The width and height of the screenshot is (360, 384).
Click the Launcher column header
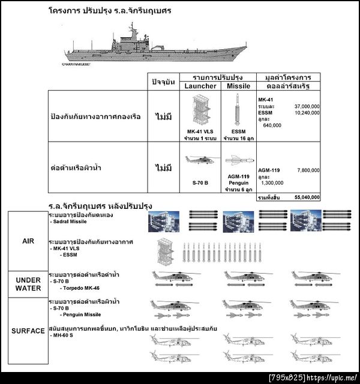click(x=200, y=86)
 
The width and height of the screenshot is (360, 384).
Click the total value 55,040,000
click(x=307, y=197)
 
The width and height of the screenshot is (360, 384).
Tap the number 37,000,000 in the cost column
click(x=307, y=106)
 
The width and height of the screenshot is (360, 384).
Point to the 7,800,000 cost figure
click(x=308, y=170)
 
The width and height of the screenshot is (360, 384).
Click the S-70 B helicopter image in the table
click(x=200, y=160)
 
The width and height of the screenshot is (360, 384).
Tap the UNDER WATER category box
click(x=27, y=284)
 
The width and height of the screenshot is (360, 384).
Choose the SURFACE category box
click(x=27, y=331)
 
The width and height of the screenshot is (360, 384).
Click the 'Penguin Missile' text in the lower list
click(x=83, y=314)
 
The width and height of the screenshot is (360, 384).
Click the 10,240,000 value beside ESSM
click(x=307, y=112)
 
